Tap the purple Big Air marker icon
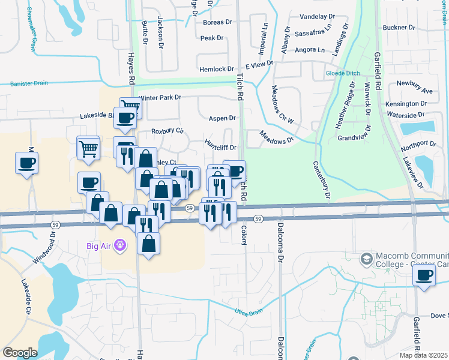coord(121,245)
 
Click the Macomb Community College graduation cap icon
coord(365,259)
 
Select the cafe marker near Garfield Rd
coord(425,276)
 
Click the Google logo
coord(20,352)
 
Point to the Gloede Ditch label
coord(343,73)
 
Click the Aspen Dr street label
coord(221,119)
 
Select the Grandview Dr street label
coord(356,137)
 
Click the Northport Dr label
coord(420,144)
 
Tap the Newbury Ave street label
coord(419,90)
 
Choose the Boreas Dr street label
coord(217,22)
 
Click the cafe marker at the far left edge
coord(27,163)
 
